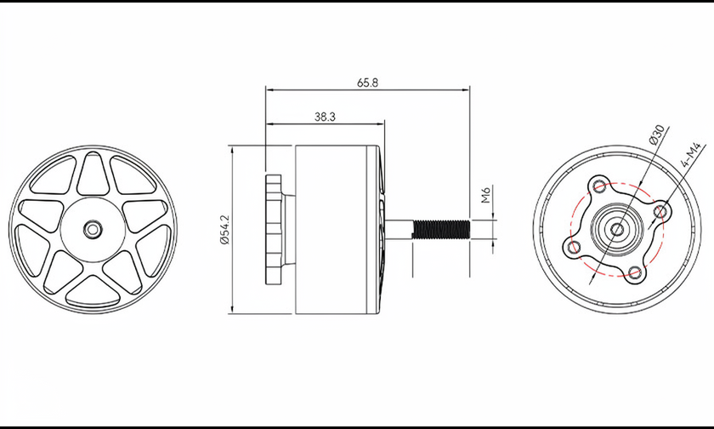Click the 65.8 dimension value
click(367, 83)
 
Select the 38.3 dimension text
click(325, 117)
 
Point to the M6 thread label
click(485, 195)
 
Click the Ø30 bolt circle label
click(657, 135)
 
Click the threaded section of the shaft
click(441, 229)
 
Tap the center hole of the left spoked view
click(93, 229)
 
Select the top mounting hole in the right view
click(599, 186)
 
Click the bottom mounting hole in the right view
click(634, 273)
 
